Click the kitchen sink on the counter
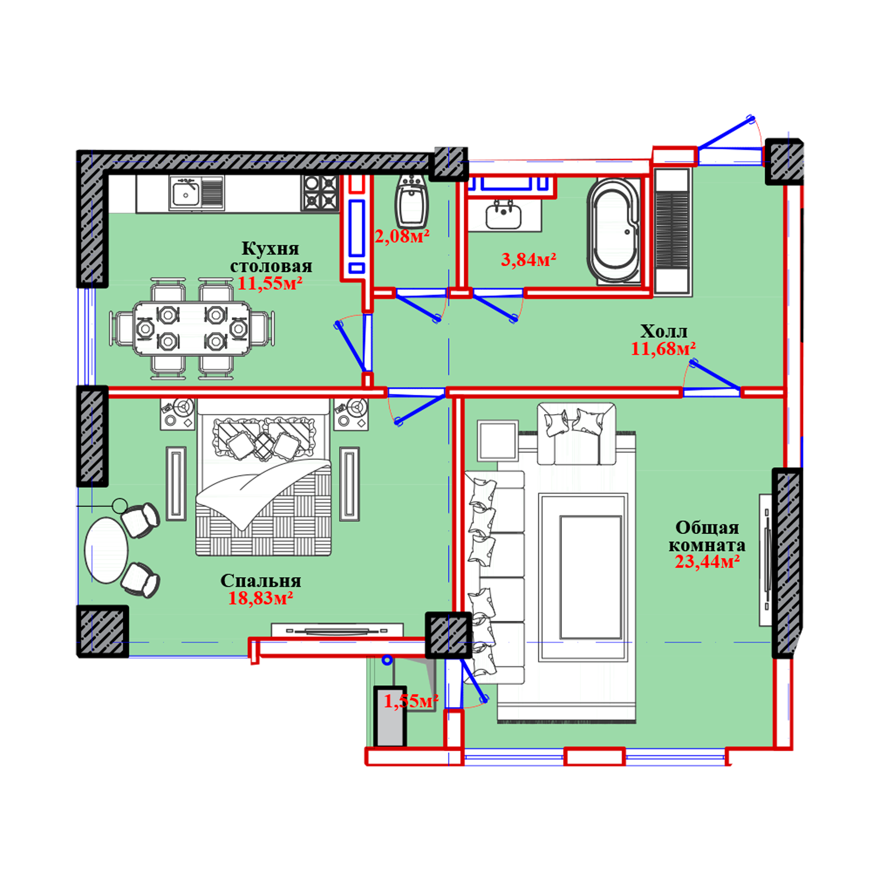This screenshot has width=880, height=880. (196, 193)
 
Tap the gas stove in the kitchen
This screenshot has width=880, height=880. (319, 193)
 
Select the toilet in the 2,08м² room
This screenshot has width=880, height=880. (411, 202)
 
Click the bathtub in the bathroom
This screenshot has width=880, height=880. (613, 232)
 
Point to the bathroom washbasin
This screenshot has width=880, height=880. (503, 215)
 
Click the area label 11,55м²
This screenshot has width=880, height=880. (270, 284)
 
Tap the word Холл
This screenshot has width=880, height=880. (664, 331)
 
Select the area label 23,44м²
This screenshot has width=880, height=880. (707, 561)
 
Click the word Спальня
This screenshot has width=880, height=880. (260, 581)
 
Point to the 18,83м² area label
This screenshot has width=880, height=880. (260, 598)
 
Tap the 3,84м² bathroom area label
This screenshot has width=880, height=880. (528, 260)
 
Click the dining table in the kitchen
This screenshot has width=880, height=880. (192, 328)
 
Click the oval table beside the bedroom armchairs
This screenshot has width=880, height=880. (106, 550)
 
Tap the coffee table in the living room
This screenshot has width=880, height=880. (590, 578)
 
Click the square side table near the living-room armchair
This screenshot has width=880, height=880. (498, 441)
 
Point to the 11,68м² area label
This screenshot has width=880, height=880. (663, 348)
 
